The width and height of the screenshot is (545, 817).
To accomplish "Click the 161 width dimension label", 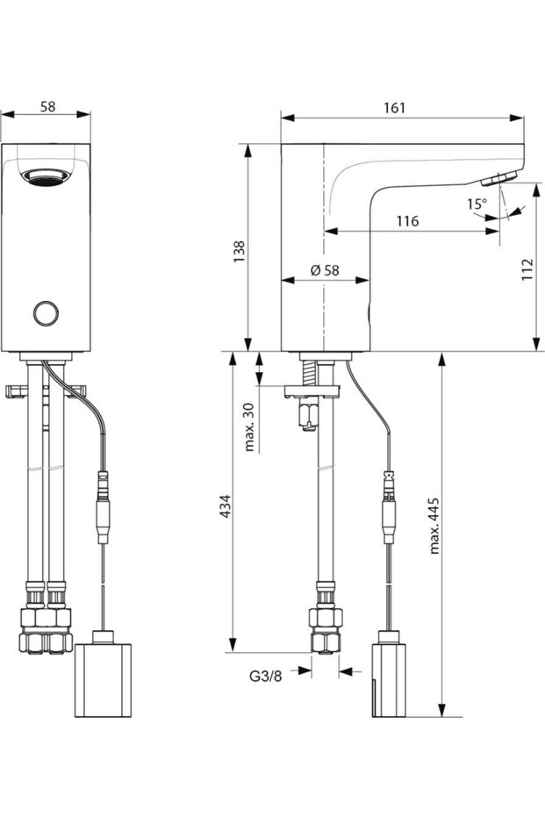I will click(395, 107).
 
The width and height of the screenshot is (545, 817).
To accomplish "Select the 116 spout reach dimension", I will click(406, 221).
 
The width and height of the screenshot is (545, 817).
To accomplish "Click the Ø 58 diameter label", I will click(325, 271).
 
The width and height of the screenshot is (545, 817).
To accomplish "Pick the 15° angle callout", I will click(476, 204).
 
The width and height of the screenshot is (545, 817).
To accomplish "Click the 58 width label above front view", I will click(48, 107).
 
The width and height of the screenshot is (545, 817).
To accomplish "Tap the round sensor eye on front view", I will click(45, 312).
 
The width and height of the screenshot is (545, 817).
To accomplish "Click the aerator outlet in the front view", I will click(45, 176).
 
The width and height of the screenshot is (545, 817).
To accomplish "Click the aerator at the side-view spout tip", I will click(496, 179).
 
